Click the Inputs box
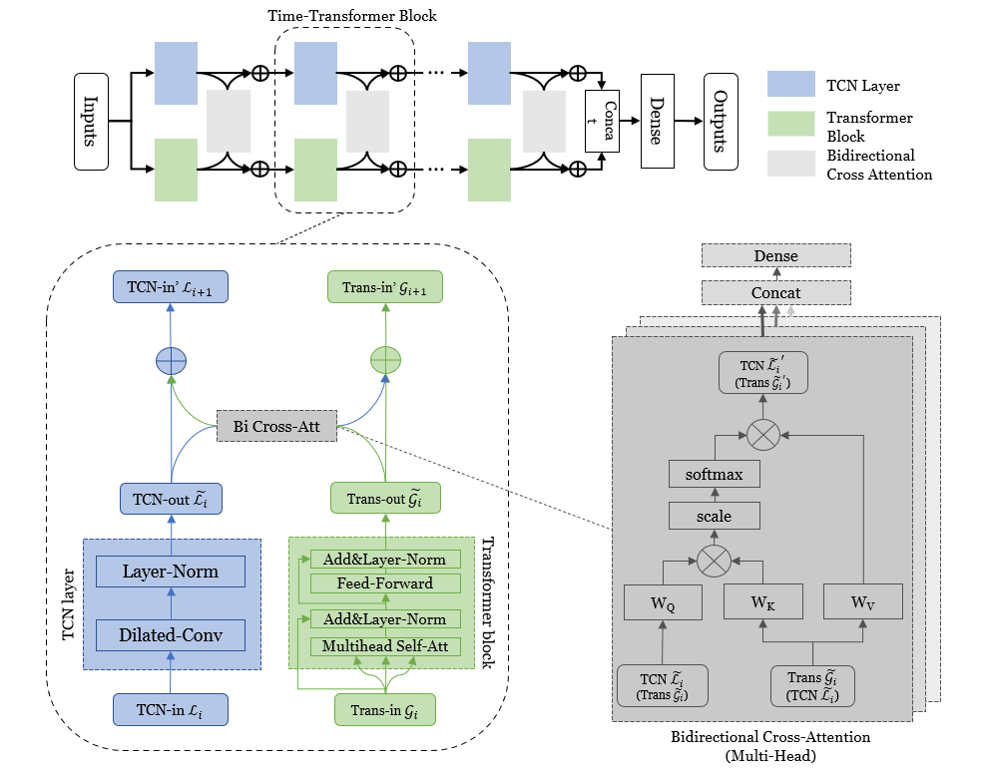coord(92,122)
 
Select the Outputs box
coord(721,122)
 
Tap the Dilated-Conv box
coord(171,635)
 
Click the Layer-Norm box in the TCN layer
coord(171,572)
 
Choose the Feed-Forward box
coord(385,583)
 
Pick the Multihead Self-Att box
coord(385,646)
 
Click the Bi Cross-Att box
coord(276,426)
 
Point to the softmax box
coord(714,474)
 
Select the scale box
coord(714,516)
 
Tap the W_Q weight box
coord(663,602)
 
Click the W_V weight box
coord(863,601)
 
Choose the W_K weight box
coord(763,601)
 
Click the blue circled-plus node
coord(171,361)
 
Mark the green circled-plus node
coord(385,360)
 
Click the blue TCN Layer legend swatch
coord(790,84)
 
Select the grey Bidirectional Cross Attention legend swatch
coord(790,164)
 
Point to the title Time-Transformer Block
coord(352,16)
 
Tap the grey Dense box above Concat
coord(776,255)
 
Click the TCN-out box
coord(171,499)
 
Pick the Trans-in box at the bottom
coord(384,710)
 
